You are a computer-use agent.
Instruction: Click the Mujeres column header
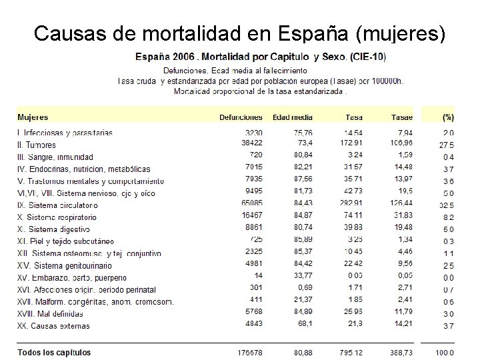pyautogui.click(x=33, y=117)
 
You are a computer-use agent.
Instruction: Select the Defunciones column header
pyautogui.click(x=241, y=117)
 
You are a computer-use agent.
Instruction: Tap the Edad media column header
pyautogui.click(x=292, y=117)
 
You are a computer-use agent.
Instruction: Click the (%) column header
pyautogui.click(x=448, y=117)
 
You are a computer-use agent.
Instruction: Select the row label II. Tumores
pyautogui.click(x=37, y=145)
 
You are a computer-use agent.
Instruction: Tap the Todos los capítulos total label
pyautogui.click(x=55, y=353)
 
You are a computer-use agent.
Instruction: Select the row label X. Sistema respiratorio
pyautogui.click(x=57, y=217)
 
